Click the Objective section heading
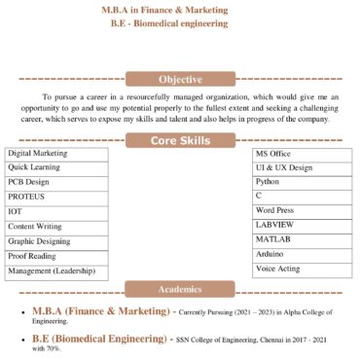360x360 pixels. point(180,80)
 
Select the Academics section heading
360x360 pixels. point(180,289)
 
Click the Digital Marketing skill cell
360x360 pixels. point(56,154)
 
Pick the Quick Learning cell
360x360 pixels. point(56,167)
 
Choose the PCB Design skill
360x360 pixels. point(56,182)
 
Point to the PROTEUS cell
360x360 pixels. point(56,197)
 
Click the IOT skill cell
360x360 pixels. point(56,211)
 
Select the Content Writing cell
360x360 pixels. point(56,227)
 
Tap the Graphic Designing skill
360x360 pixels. point(56,241)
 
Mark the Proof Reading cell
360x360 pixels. point(56,256)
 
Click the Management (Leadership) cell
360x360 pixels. point(56,270)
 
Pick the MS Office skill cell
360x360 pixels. point(299,154)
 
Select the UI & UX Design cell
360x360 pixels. point(299,167)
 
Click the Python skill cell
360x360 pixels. point(299,182)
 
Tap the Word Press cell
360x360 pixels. point(299,210)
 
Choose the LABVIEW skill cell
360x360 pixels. point(299,225)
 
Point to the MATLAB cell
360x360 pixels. point(299,238)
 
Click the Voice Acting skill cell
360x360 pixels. point(299,268)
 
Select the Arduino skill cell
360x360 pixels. point(299,253)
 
